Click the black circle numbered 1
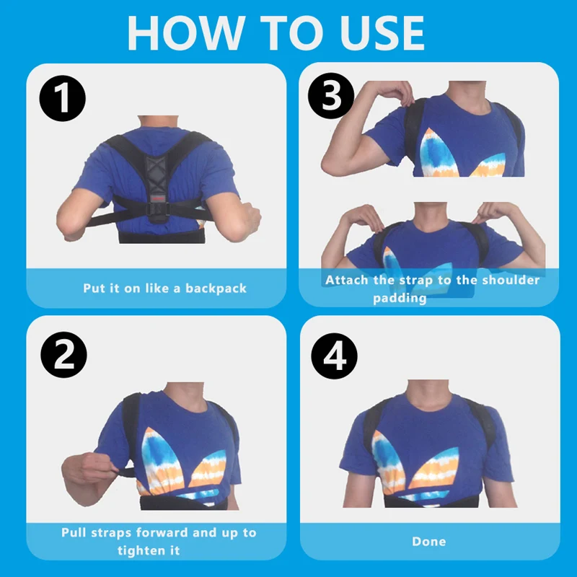click(x=63, y=99)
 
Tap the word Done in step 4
click(x=428, y=541)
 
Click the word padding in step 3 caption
click(x=400, y=298)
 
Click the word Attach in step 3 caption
click(x=346, y=280)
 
